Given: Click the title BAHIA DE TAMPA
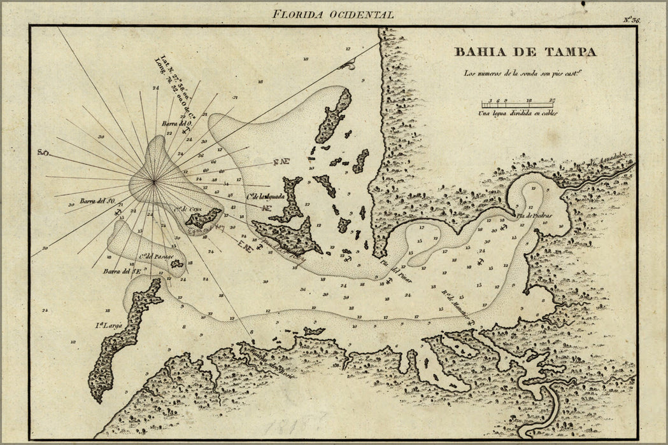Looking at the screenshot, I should point(525,52).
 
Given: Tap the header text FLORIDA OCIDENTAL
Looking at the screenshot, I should point(332,13).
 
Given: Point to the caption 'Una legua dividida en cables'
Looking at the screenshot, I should point(518,114).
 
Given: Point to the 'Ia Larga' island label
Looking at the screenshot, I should point(109,326).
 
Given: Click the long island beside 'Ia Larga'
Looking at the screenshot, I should point(121,343).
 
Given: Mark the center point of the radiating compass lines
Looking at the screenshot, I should point(153,182).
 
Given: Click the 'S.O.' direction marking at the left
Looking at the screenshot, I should point(43,153).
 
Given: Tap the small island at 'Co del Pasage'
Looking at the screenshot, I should point(176,263).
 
